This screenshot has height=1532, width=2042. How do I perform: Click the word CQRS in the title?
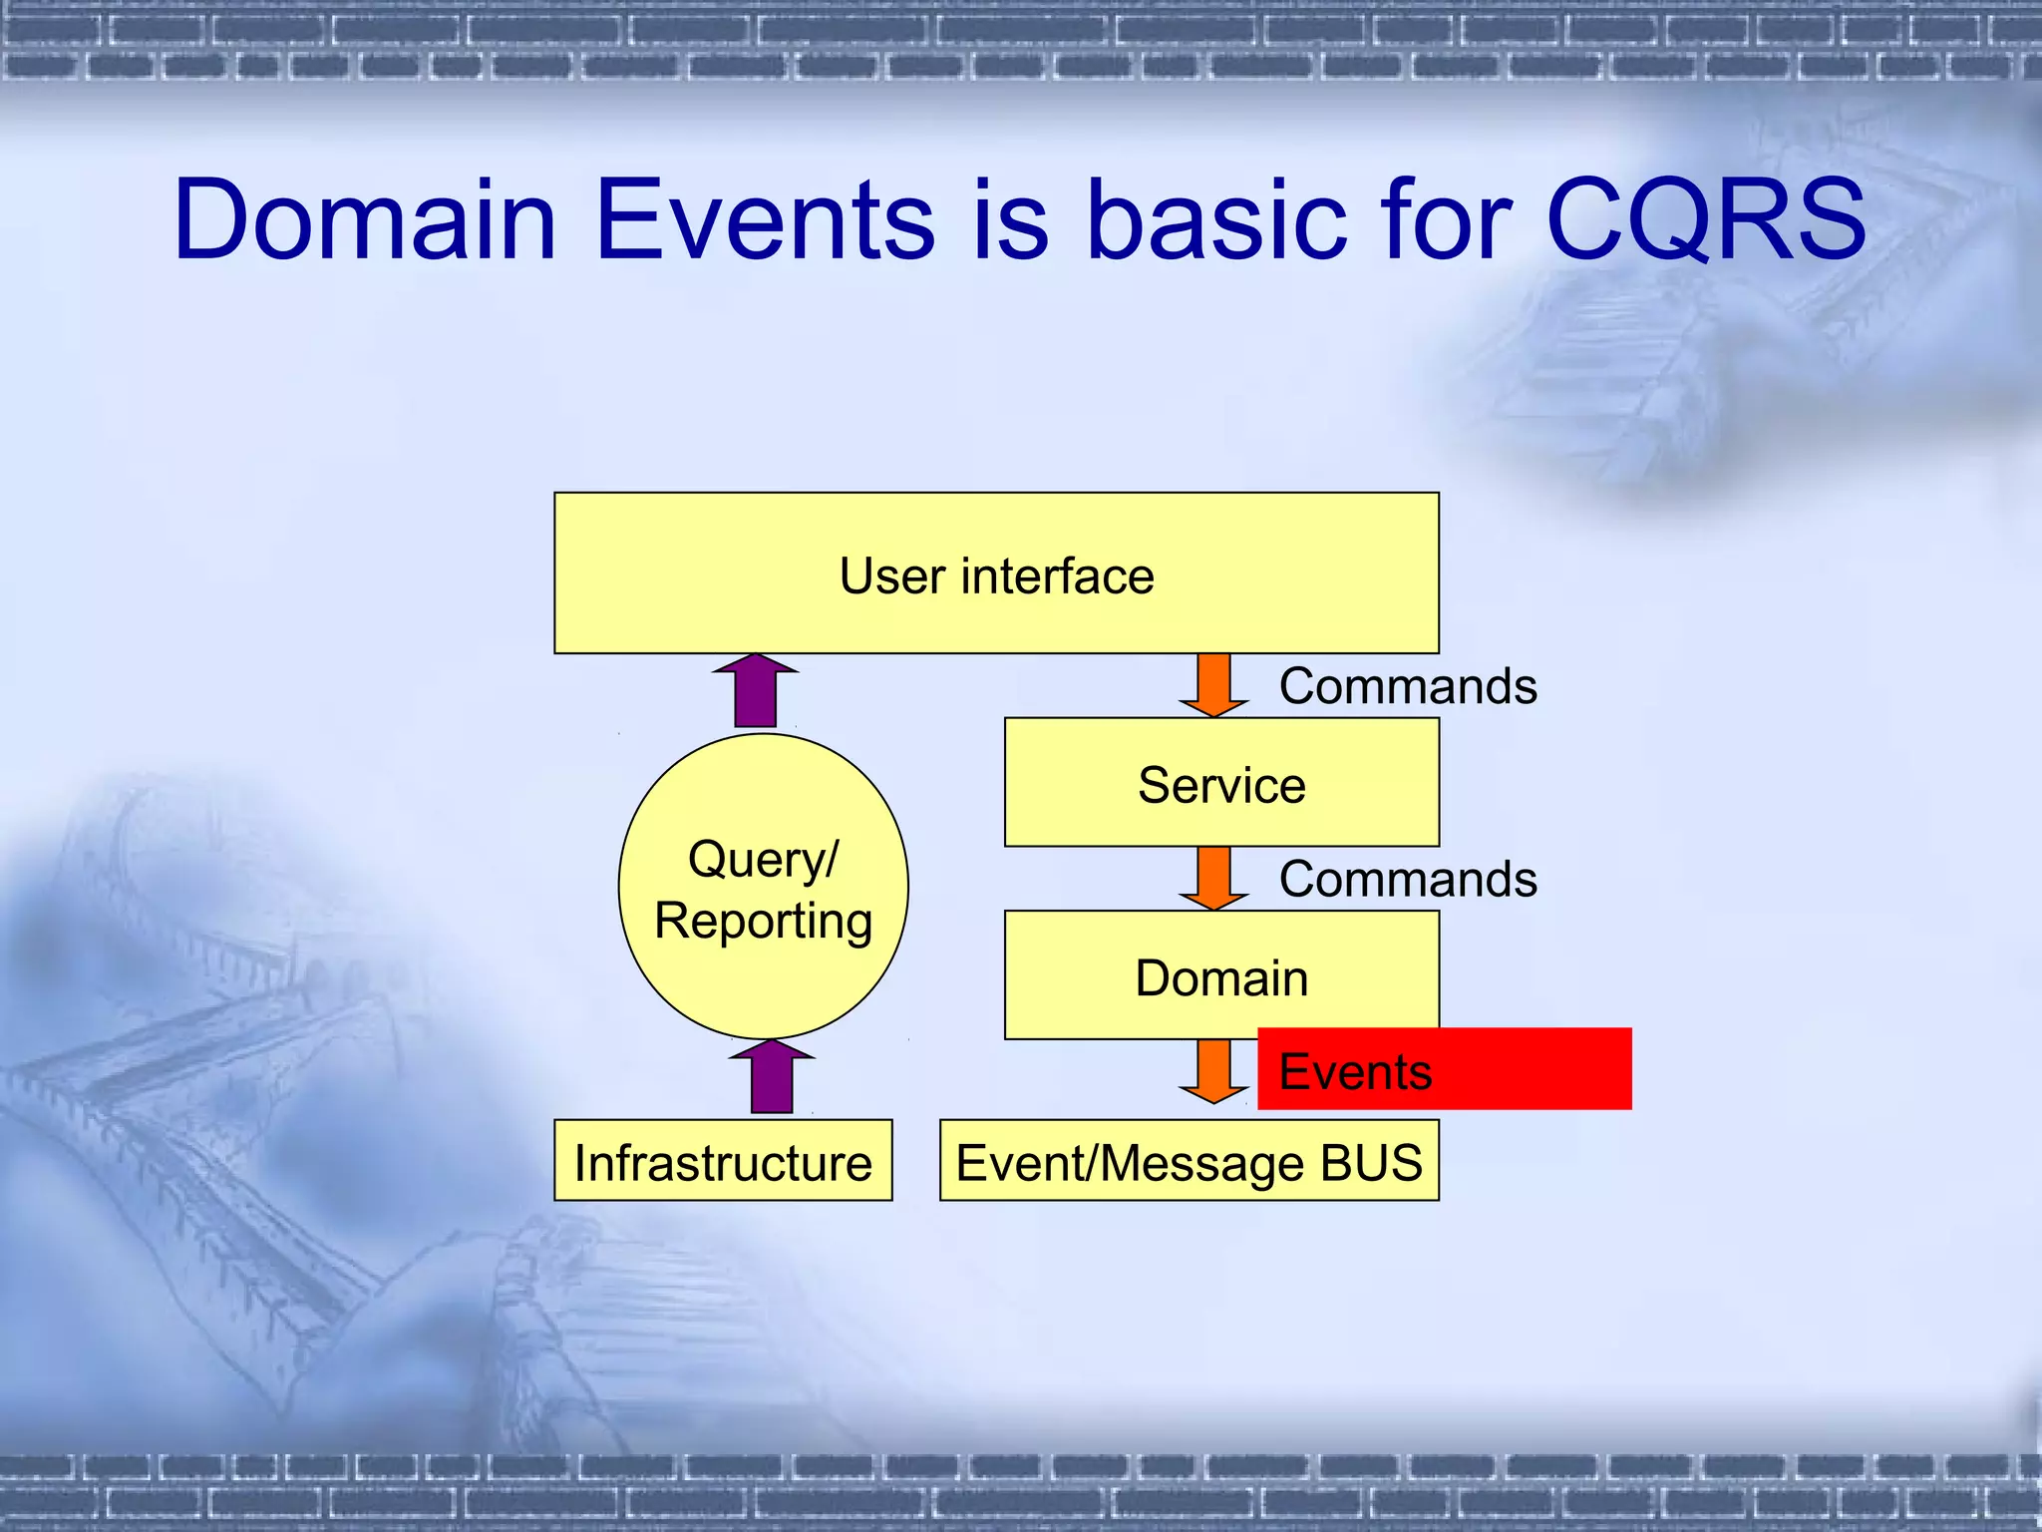(x=1705, y=219)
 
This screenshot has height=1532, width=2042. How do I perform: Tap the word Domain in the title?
(x=364, y=219)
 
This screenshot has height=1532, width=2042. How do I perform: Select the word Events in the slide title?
(x=765, y=219)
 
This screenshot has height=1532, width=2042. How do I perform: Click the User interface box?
(x=996, y=574)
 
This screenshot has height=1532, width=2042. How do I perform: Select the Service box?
(x=1221, y=783)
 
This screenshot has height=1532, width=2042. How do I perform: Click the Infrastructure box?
(x=723, y=1161)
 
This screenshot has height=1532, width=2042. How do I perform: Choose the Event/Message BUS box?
(x=1189, y=1161)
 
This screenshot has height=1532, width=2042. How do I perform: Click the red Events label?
(x=1444, y=1069)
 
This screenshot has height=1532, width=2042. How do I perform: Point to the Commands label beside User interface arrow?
(x=1408, y=686)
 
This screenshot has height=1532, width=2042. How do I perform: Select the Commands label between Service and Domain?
(x=1408, y=880)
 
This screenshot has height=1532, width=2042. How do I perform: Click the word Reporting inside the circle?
(x=763, y=920)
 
